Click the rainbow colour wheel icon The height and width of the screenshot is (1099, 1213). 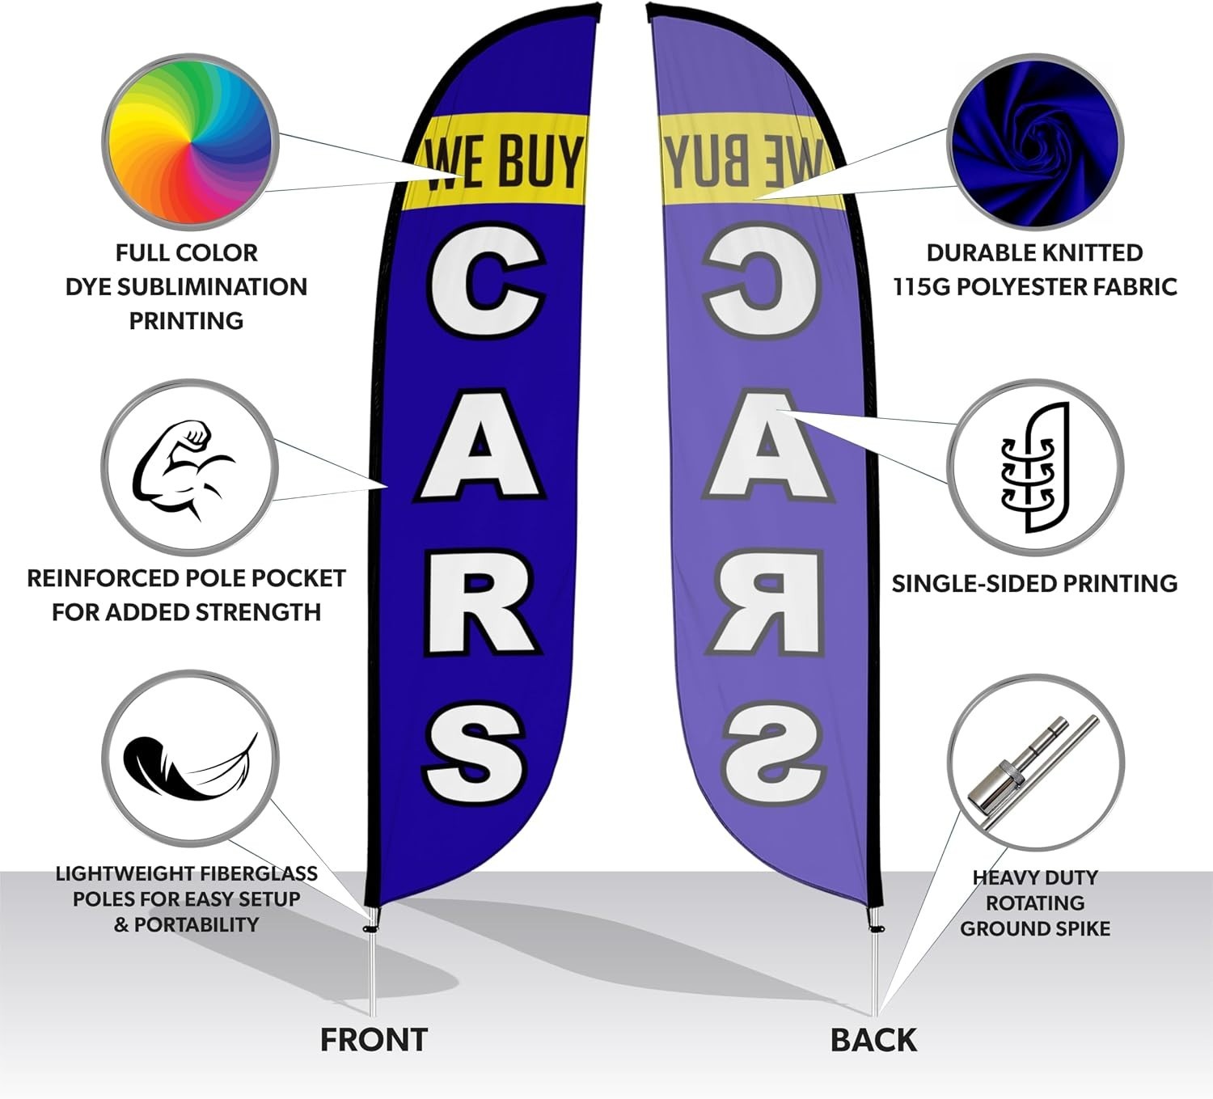tap(191, 142)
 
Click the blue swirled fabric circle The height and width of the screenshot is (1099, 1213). tap(1035, 142)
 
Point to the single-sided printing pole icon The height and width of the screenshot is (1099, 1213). tap(1034, 467)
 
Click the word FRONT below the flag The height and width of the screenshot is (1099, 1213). tap(374, 1040)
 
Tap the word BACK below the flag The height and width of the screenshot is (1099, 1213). tap(874, 1040)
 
